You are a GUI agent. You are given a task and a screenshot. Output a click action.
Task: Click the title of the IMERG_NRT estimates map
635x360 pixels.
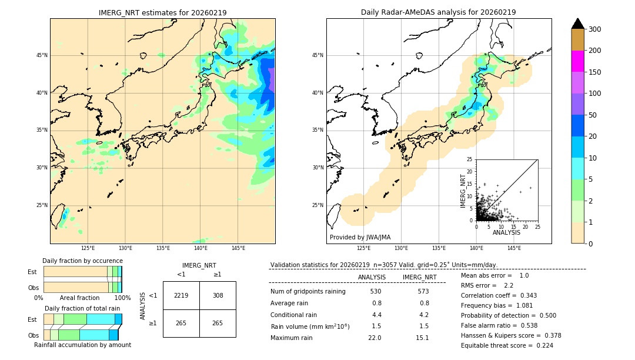162,12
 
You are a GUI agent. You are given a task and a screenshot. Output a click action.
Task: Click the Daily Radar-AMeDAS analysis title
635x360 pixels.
438,12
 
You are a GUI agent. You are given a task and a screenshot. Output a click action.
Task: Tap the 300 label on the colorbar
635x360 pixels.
595,29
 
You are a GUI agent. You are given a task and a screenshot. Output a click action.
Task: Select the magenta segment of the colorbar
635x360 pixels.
578,61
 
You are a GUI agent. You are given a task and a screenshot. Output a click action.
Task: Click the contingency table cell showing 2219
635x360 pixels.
181,295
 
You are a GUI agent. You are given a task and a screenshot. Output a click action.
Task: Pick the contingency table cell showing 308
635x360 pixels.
218,295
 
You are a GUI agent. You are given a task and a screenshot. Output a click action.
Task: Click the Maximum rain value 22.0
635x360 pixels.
375,338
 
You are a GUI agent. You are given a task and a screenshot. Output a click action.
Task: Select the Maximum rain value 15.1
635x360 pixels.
422,338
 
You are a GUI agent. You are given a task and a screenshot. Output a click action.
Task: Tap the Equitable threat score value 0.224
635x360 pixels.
540,345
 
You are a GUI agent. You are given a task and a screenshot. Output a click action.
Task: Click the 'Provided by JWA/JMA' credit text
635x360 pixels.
360,237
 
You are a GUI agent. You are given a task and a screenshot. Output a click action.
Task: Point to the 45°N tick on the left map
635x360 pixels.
42,56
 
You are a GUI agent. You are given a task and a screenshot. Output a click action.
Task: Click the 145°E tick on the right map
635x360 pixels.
514,248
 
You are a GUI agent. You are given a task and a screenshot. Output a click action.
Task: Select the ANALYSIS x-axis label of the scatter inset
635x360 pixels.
506,232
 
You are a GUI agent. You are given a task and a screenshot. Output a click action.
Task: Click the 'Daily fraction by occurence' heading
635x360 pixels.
82,261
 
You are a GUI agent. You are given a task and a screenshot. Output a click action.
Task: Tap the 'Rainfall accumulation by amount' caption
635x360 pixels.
87,345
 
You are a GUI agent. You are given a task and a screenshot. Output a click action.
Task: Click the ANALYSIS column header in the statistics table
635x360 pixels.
372,277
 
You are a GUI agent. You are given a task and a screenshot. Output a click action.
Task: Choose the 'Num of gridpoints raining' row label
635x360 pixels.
308,291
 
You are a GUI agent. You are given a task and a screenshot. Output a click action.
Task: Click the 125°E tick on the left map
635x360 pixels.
88,248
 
